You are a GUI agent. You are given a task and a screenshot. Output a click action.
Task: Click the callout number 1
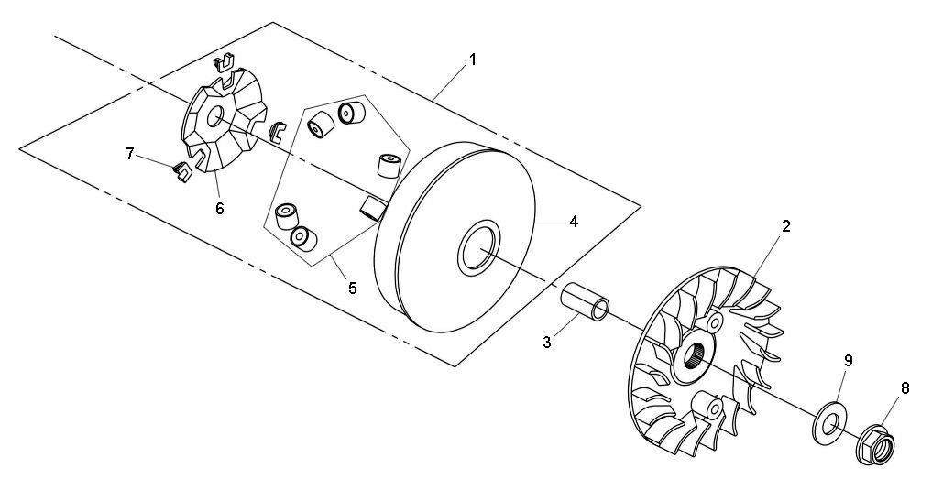click(473, 60)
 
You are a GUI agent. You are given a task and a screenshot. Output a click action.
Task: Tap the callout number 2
click(785, 226)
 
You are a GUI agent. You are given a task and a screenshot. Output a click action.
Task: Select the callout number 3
click(547, 343)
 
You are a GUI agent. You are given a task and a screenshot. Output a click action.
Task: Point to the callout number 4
click(574, 222)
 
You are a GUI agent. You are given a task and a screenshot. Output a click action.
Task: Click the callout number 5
click(353, 288)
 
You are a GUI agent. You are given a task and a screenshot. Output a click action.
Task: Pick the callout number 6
click(220, 209)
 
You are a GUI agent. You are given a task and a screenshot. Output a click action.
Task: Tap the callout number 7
click(129, 154)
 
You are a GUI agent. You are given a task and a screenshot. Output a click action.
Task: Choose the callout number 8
click(905, 388)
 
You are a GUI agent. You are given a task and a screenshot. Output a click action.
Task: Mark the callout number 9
click(848, 361)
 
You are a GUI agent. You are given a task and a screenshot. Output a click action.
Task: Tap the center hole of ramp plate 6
click(214, 117)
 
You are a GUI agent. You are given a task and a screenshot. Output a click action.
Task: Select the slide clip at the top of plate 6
click(224, 62)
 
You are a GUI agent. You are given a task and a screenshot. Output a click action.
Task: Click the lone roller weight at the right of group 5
click(389, 166)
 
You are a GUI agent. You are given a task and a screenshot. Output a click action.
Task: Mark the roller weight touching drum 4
click(373, 207)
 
